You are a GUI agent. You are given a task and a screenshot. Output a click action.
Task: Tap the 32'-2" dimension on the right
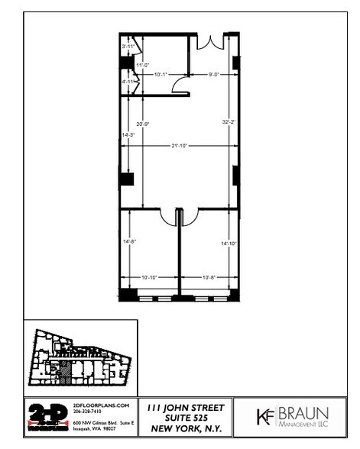pyautogui.click(x=226, y=122)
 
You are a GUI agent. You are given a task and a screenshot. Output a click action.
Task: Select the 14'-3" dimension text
pyautogui.click(x=127, y=135)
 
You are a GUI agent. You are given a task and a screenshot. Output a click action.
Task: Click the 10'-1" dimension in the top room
pyautogui.click(x=161, y=74)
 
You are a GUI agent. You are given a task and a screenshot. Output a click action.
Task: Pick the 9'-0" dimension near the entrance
pyautogui.click(x=216, y=74)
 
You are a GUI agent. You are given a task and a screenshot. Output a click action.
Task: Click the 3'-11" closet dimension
pyautogui.click(x=128, y=47)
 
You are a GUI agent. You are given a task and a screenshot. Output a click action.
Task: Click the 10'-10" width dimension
pyautogui.click(x=148, y=276)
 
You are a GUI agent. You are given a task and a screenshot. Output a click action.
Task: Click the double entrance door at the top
pyautogui.click(x=207, y=42)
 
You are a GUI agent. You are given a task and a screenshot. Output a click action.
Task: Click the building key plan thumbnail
pyautogui.click(x=79, y=357)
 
